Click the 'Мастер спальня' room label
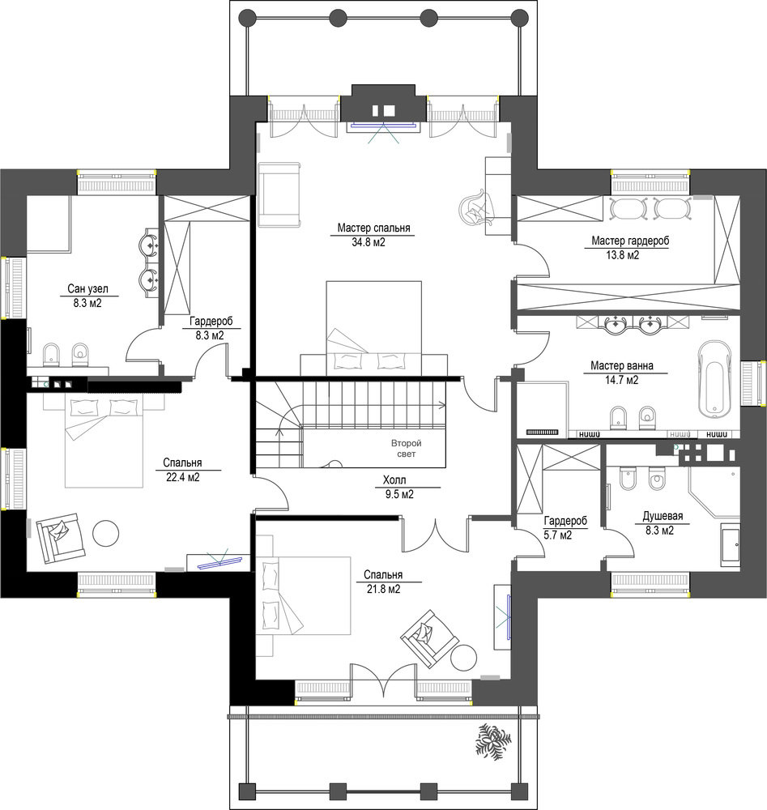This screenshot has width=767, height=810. pyautogui.click(x=373, y=228)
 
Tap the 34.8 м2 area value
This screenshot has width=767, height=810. pyautogui.click(x=369, y=241)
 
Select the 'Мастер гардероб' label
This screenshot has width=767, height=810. pyautogui.click(x=630, y=241)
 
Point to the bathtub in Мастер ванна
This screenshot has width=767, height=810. pyautogui.click(x=715, y=378)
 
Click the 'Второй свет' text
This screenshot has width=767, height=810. pyautogui.click(x=406, y=449)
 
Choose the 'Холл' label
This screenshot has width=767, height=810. pyautogui.click(x=394, y=480)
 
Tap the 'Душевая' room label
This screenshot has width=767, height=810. pyautogui.click(x=663, y=516)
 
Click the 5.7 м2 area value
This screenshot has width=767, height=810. pyautogui.click(x=558, y=535)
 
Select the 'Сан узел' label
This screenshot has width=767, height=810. pyautogui.click(x=87, y=289)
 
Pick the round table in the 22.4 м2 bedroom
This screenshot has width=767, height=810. pyautogui.click(x=106, y=531)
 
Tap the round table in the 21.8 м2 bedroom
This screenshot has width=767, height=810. pyautogui.click(x=463, y=657)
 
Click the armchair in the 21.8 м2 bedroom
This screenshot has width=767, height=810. pyautogui.click(x=429, y=638)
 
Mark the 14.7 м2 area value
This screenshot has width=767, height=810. pyautogui.click(x=621, y=380)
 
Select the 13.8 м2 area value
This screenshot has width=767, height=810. pyautogui.click(x=622, y=254)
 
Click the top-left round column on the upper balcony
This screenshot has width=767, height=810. pyautogui.click(x=247, y=18)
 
